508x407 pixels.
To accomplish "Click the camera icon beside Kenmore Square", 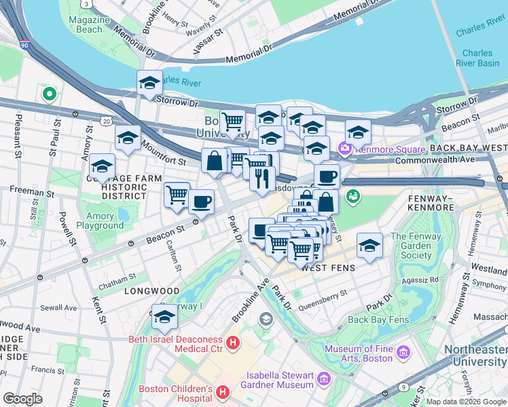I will tap(346, 148).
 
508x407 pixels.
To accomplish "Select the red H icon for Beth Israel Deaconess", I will tap(233, 344).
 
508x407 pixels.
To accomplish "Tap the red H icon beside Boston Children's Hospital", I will tap(221, 392).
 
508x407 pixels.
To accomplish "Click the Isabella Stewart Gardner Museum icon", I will tap(324, 377).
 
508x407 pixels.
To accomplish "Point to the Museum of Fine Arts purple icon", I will tap(404, 352).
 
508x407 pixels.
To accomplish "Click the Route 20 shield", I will tap(106, 121).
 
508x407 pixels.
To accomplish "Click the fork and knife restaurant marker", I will tap(262, 178).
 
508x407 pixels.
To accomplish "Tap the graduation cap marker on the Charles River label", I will tap(149, 83).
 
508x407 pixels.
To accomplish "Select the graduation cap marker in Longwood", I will tap(164, 316).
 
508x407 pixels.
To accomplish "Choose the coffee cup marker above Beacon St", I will tap(200, 201).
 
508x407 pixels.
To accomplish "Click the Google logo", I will tap(22, 399).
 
